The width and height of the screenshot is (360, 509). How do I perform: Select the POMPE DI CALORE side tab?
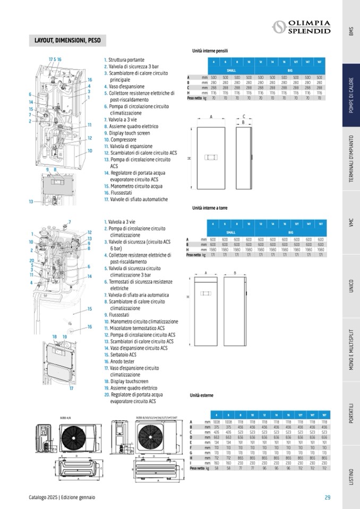(x=351, y=95)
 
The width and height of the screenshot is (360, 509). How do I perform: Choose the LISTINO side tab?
(x=351, y=477)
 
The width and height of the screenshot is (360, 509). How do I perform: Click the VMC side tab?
(x=351, y=223)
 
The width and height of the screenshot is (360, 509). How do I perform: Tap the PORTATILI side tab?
(x=351, y=413)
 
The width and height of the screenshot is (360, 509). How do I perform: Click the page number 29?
(x=328, y=497)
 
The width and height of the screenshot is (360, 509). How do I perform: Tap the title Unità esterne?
(x=202, y=395)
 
